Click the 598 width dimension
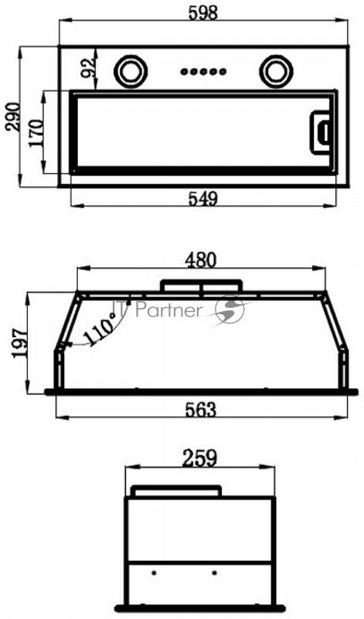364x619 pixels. coord(203,12)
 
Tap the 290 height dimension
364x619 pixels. coord(12,117)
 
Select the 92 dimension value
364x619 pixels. coord(87,67)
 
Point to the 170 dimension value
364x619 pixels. coord(36,133)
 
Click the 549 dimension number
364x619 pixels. coord(202,199)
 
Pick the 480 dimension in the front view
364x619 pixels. coord(202,260)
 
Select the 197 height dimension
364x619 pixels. coord(20,343)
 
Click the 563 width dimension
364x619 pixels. coord(201,410)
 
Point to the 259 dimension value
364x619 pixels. coord(199,458)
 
